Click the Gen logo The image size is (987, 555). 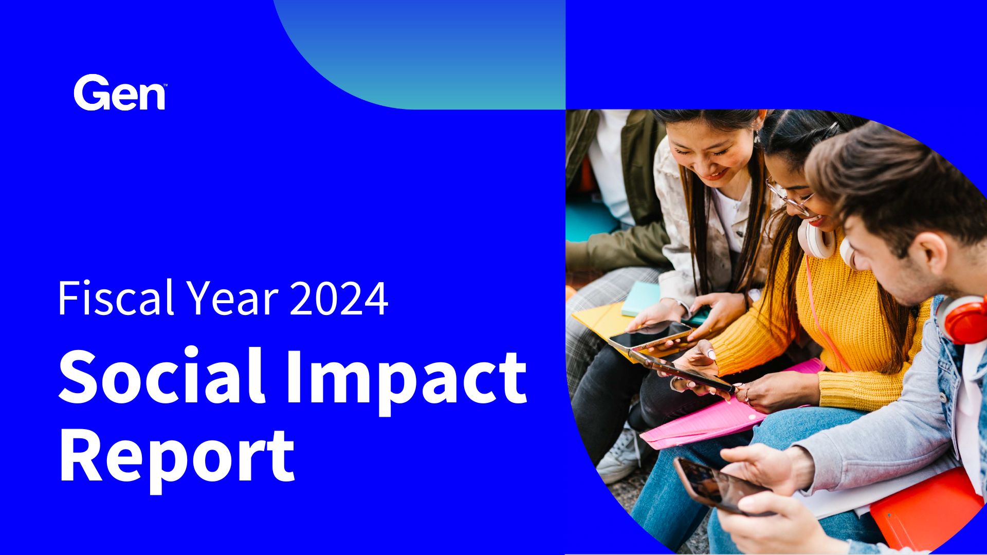point(120,92)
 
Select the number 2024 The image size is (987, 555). point(339,298)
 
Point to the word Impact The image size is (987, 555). point(406,380)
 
